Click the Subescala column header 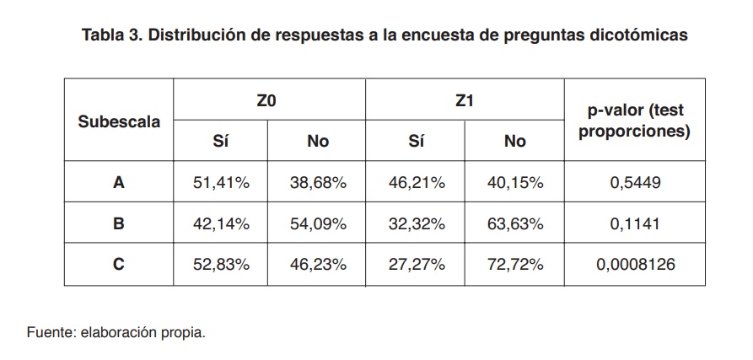(119, 121)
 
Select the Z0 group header (267, 101)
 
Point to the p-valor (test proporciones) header (635, 121)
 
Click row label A (119, 182)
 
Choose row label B (119, 223)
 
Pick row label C (119, 265)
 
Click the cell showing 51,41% (221, 182)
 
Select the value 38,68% (318, 182)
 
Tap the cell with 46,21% (416, 182)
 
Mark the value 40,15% (514, 182)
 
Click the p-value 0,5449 (635, 182)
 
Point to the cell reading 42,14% (221, 223)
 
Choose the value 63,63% (514, 223)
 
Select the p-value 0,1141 (635, 223)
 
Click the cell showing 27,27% (416, 265)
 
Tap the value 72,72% (514, 265)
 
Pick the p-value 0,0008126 (635, 265)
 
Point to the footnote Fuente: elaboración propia (116, 331)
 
